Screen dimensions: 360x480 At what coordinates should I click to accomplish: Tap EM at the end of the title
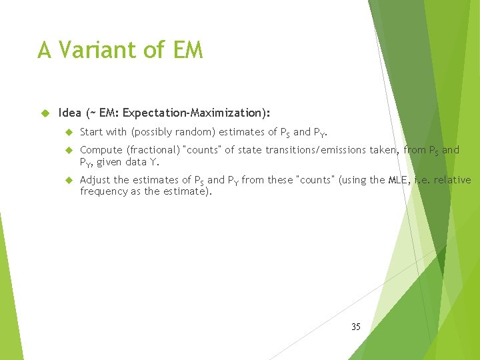tap(187, 50)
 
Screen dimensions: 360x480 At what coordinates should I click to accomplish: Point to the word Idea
tap(70, 113)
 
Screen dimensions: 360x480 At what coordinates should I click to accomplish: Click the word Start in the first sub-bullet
tap(91, 132)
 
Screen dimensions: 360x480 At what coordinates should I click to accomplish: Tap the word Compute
tap(101, 150)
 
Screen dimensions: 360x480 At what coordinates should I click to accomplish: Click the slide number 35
tap(355, 327)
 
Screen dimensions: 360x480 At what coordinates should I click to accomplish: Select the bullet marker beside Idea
tap(45, 113)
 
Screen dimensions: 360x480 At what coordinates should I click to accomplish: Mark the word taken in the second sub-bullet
tap(383, 150)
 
